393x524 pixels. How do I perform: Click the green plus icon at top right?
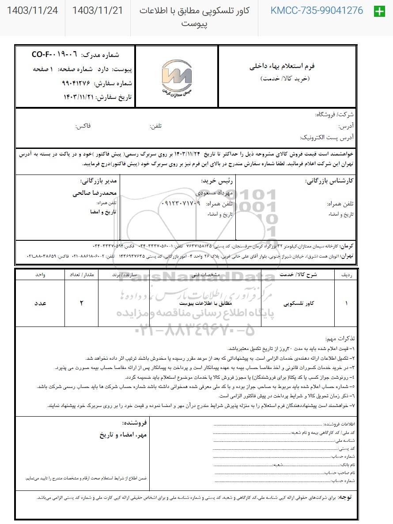click(379, 11)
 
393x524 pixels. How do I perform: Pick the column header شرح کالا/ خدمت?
click(299, 274)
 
